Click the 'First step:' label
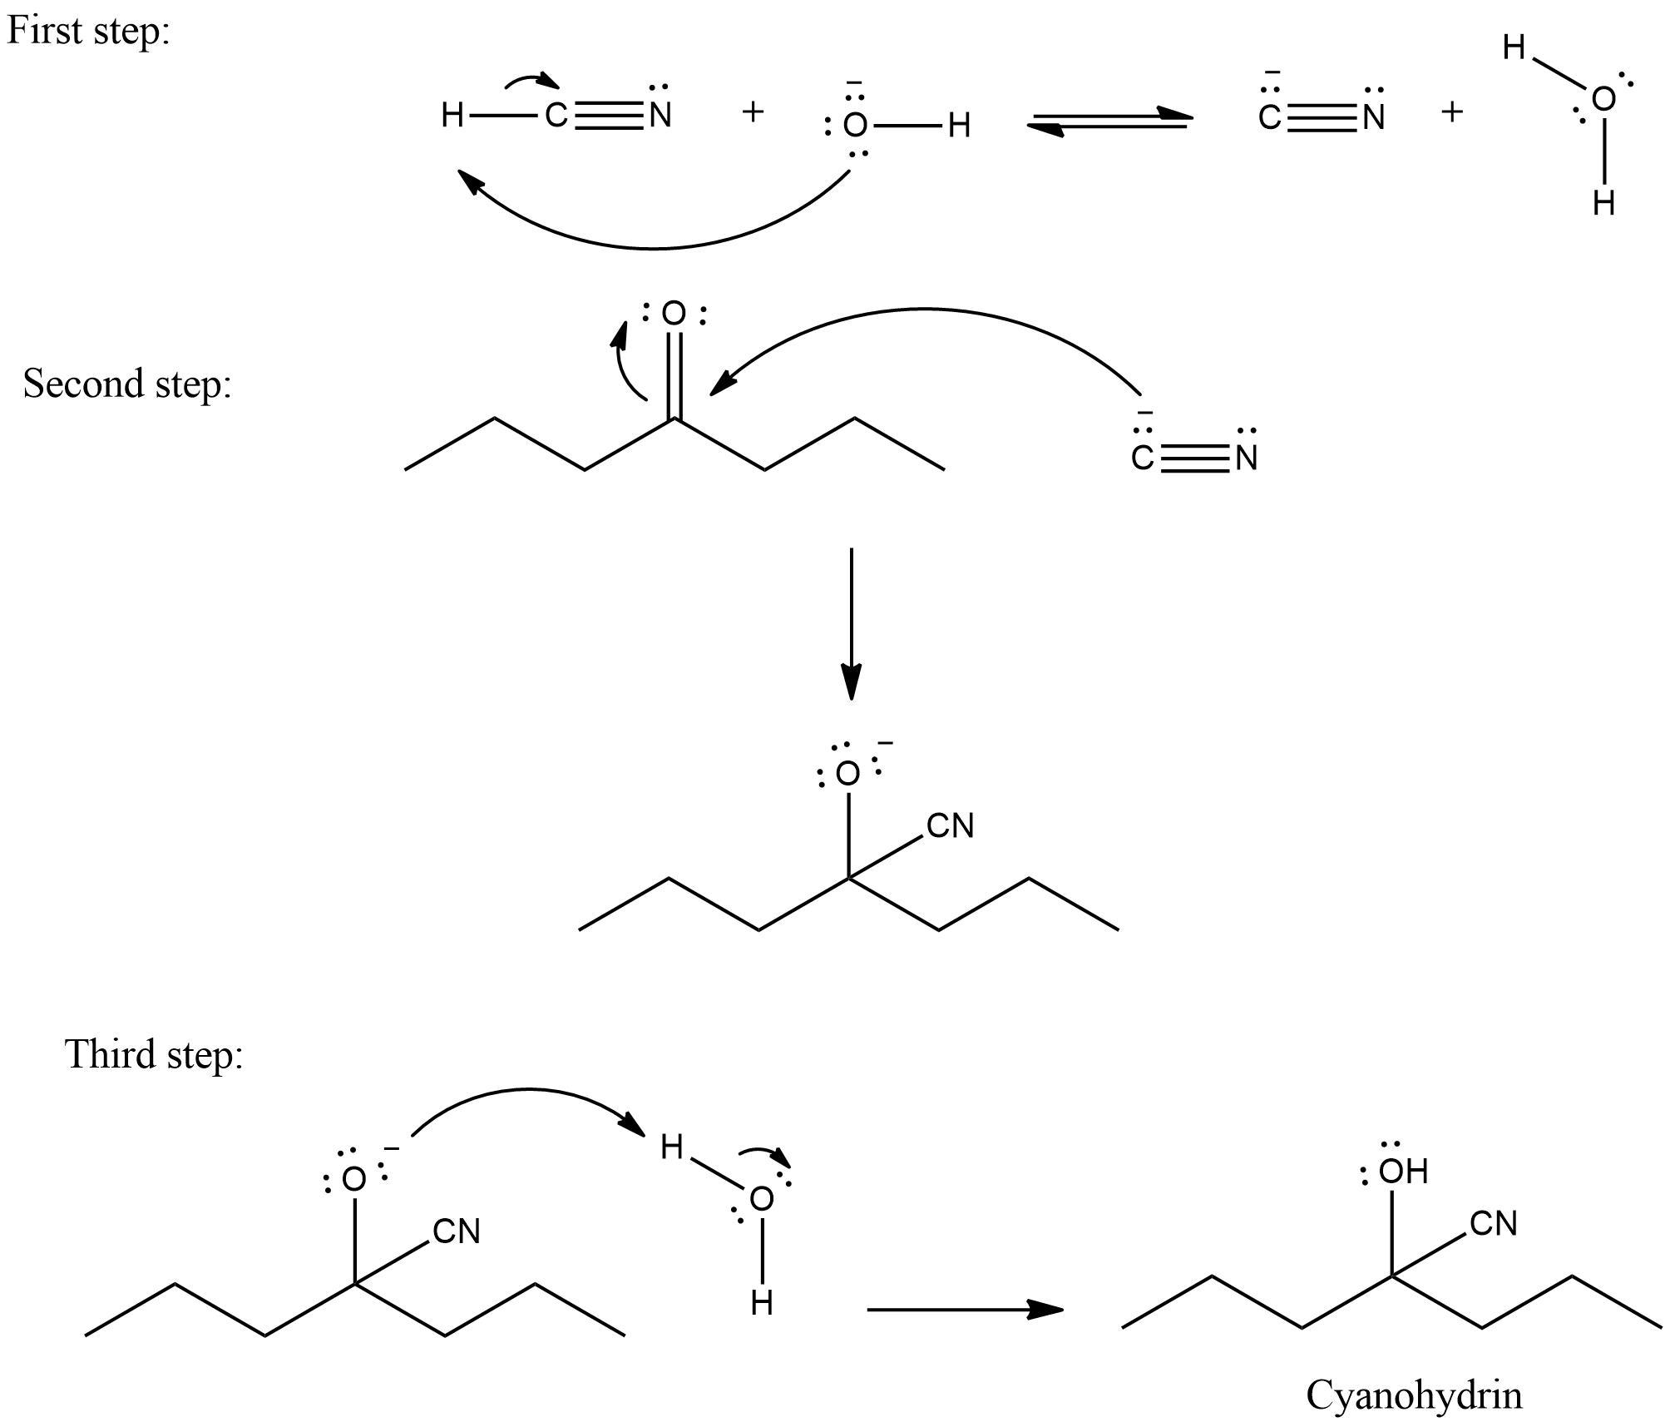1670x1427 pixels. pos(88,32)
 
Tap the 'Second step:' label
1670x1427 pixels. pos(126,384)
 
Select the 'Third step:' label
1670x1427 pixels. pos(154,1054)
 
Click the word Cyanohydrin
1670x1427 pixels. pos(1414,1395)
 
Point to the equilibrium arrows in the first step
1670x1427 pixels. pos(1109,121)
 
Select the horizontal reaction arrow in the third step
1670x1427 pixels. pos(965,1310)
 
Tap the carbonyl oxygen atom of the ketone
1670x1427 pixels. pos(674,315)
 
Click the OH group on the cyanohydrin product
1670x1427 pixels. pos(1403,1172)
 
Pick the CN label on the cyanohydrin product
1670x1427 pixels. pos(1494,1224)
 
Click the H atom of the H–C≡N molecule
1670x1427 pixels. pos(452,116)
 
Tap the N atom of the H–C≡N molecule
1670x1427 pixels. pos(660,116)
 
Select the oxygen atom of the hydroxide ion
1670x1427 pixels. pos(855,126)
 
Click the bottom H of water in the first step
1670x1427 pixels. pos(1603,202)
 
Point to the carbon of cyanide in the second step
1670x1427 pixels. pos(1143,458)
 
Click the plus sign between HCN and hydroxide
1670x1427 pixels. pos(753,111)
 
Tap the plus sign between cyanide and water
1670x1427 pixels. pos(1452,111)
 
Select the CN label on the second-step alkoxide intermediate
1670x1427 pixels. pos(950,826)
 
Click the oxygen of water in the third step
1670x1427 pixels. pos(762,1199)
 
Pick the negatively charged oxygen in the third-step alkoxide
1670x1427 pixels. pos(354,1179)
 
